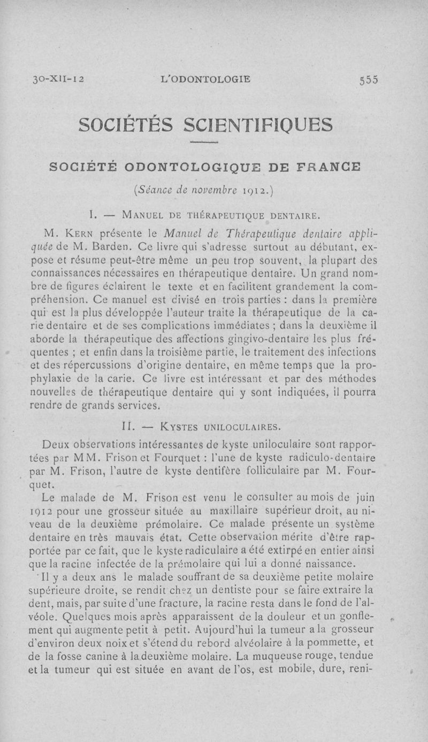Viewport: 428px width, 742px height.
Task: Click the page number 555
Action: click(369, 80)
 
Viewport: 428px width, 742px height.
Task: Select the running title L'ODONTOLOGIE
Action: click(206, 80)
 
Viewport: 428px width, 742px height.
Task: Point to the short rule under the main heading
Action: click(206, 143)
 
